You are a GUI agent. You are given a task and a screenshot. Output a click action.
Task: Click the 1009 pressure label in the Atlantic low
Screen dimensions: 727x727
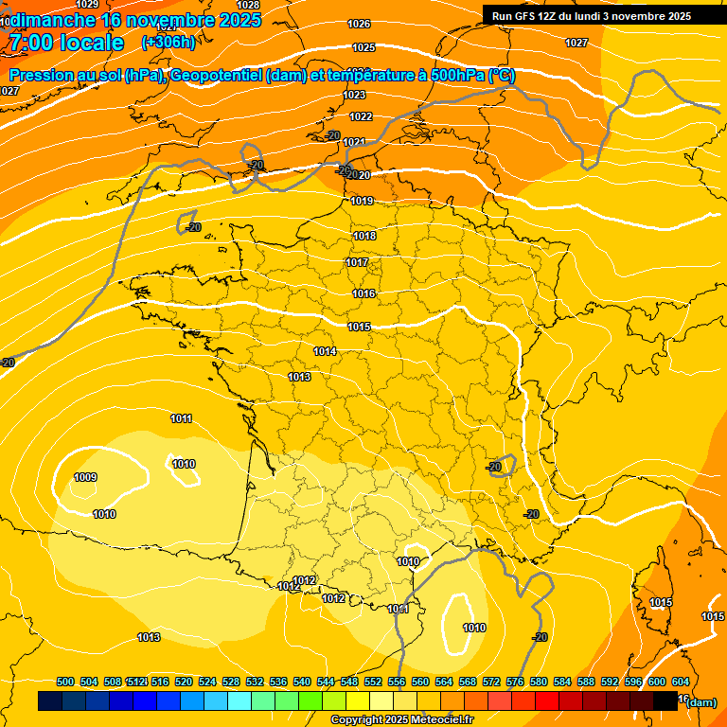click(x=85, y=477)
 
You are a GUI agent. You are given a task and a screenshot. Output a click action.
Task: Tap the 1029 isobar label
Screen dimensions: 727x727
click(x=86, y=5)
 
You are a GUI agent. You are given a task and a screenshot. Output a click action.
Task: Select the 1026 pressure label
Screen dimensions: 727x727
click(x=360, y=24)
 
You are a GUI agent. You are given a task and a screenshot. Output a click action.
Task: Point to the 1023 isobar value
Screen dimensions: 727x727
click(x=355, y=95)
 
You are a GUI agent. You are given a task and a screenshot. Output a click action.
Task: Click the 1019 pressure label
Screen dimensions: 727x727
click(x=362, y=201)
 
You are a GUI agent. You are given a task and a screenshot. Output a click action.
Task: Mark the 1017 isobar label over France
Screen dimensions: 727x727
click(x=357, y=262)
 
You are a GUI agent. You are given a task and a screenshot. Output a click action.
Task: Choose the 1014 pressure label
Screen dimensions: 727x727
click(x=325, y=351)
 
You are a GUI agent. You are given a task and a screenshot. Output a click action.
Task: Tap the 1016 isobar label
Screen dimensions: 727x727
click(x=363, y=293)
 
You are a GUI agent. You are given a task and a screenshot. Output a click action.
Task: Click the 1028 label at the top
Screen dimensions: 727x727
click(x=248, y=5)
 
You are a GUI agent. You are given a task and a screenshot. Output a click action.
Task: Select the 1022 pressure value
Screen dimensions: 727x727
click(x=361, y=116)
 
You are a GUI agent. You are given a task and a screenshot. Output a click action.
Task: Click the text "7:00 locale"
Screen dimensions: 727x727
click(x=66, y=43)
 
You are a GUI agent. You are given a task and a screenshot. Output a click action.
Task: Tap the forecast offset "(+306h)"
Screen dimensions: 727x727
click(x=168, y=43)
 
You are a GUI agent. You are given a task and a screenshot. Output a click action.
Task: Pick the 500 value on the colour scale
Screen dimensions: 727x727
click(x=65, y=682)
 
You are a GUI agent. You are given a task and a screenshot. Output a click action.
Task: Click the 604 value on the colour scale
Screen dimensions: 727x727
click(x=681, y=682)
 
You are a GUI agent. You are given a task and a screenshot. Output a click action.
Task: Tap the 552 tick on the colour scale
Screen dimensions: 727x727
click(x=373, y=682)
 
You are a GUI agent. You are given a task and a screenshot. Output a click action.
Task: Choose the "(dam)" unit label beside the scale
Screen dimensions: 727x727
click(x=700, y=702)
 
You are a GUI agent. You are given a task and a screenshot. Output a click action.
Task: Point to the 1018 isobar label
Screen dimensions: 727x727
click(x=364, y=236)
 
